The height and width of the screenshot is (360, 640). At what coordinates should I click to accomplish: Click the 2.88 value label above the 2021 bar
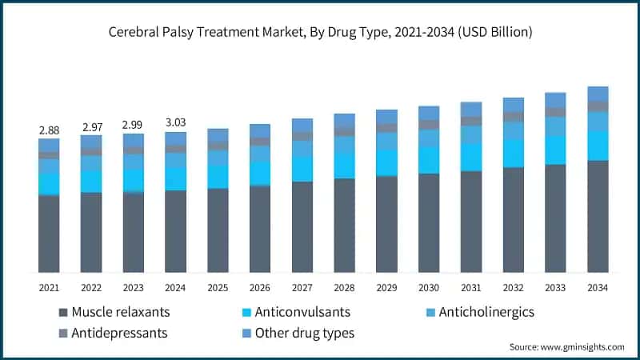[x=49, y=130]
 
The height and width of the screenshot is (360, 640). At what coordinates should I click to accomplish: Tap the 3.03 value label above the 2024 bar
[x=175, y=122]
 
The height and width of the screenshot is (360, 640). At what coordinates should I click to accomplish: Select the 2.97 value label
[x=91, y=126]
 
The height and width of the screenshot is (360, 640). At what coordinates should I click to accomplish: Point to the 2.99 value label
[x=134, y=125]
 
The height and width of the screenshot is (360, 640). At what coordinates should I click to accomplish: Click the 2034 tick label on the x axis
[x=598, y=287]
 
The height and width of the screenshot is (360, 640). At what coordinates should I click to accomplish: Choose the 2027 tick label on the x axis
[x=302, y=287]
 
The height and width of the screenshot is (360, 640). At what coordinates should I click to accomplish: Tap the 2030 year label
[x=429, y=287]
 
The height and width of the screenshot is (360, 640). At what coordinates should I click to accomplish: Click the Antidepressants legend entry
[x=120, y=332]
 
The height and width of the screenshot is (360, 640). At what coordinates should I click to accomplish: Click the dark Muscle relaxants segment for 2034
[x=598, y=216]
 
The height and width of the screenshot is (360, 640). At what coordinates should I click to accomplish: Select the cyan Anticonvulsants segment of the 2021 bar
[x=49, y=184]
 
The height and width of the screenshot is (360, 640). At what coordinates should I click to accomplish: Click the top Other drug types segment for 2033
[x=555, y=100]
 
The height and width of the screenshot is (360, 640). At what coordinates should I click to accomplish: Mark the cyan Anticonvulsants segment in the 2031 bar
[x=471, y=157]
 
